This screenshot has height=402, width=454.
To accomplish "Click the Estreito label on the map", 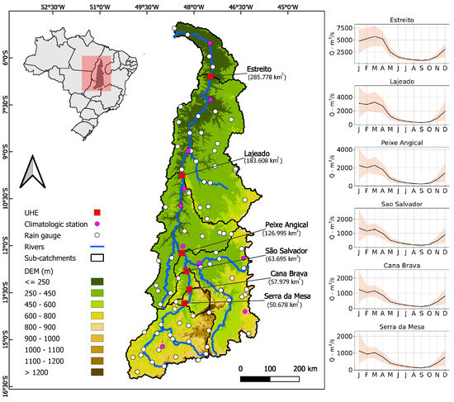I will click(263, 69).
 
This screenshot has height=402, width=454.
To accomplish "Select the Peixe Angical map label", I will click(287, 224).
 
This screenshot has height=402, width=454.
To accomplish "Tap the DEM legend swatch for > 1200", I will click(96, 373).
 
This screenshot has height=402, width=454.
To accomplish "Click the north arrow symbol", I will click(31, 171).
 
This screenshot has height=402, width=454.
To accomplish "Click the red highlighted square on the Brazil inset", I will click(98, 72).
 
